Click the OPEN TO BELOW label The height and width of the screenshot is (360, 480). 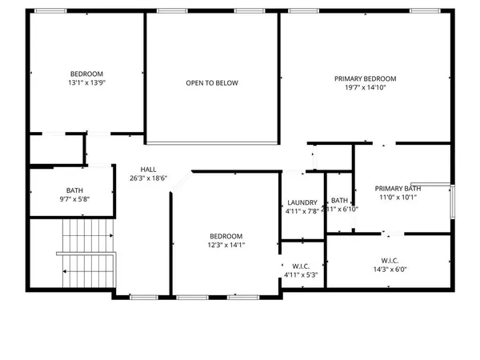[212, 83]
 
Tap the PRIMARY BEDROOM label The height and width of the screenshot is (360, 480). [366, 78]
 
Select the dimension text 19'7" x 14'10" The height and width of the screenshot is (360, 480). [366, 88]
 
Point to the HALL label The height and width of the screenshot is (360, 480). [149, 170]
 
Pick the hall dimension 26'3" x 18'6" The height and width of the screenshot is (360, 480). [149, 178]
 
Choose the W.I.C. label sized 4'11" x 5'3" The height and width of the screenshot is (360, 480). [302, 266]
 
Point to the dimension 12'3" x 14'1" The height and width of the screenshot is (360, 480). [226, 246]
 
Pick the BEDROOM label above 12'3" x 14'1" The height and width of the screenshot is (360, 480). [226, 236]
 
